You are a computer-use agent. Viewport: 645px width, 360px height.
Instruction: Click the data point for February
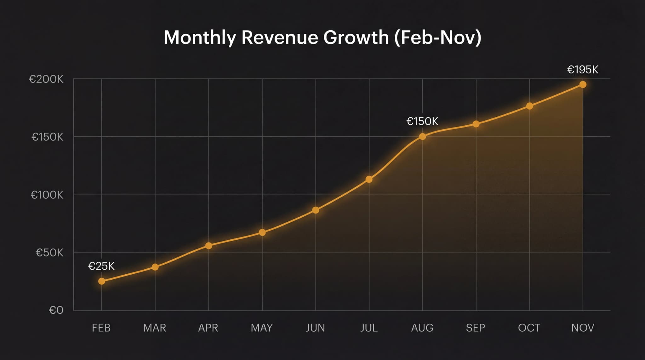(x=101, y=281)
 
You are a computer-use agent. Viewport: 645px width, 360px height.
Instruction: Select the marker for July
(x=369, y=179)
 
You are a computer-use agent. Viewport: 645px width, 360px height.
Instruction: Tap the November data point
(x=583, y=84)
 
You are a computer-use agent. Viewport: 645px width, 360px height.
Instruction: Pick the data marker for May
(x=262, y=232)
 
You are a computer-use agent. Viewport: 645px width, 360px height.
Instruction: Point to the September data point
(x=476, y=124)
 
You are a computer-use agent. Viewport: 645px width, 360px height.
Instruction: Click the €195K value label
(x=583, y=70)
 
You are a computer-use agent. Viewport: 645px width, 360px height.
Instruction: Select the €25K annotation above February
(x=101, y=266)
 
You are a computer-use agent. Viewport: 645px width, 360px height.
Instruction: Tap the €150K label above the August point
(x=422, y=121)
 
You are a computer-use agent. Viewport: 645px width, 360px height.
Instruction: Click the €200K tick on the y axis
(x=46, y=79)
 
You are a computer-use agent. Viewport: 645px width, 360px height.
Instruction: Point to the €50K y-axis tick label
(x=49, y=253)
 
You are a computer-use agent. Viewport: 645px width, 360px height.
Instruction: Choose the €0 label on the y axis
(x=56, y=310)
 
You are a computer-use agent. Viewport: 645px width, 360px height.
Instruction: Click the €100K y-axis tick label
(x=47, y=195)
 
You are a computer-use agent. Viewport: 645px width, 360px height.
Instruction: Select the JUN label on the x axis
(x=315, y=328)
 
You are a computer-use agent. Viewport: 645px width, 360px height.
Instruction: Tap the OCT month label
(x=529, y=328)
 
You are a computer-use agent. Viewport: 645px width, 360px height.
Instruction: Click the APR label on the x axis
(x=208, y=328)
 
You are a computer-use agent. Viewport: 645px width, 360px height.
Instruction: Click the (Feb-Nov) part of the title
(x=438, y=37)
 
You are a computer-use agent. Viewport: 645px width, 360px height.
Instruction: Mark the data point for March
(x=155, y=267)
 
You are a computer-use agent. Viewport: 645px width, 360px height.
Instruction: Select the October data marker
(x=529, y=106)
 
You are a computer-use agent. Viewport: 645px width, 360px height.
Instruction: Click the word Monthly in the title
(x=200, y=37)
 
